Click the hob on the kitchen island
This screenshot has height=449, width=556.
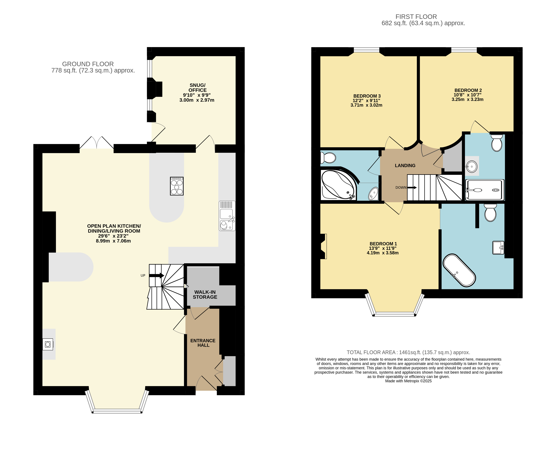176,186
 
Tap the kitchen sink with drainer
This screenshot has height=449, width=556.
227,216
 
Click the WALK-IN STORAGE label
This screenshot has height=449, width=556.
205,295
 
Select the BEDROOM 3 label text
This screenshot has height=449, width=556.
367,96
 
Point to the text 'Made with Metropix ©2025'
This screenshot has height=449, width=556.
408,381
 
